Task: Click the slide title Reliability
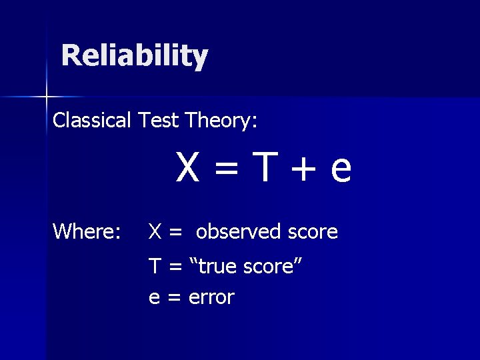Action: (134, 56)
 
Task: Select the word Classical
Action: (92, 121)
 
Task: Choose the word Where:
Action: (87, 231)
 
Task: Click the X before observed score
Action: (155, 232)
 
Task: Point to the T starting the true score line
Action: (155, 267)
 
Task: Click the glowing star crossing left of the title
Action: (46, 97)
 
